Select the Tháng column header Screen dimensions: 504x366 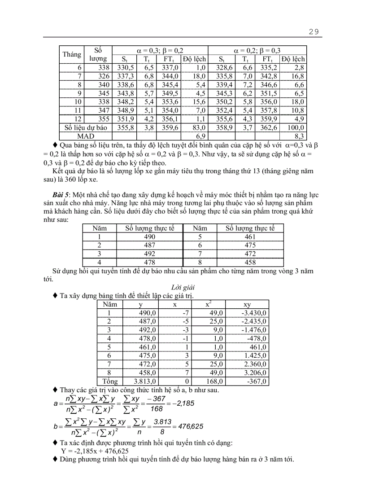tap(72, 54)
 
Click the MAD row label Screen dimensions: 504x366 tap(86, 135)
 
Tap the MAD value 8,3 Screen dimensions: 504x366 tap(299, 135)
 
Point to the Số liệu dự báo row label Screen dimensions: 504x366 tap(86, 127)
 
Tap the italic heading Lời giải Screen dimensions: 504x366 tap(183, 287)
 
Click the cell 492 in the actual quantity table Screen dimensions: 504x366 tap(149, 254)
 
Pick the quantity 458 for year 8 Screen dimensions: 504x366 tap(250, 262)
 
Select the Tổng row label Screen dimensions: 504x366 tap(109, 381)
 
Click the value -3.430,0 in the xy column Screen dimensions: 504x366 tap(254, 313)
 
